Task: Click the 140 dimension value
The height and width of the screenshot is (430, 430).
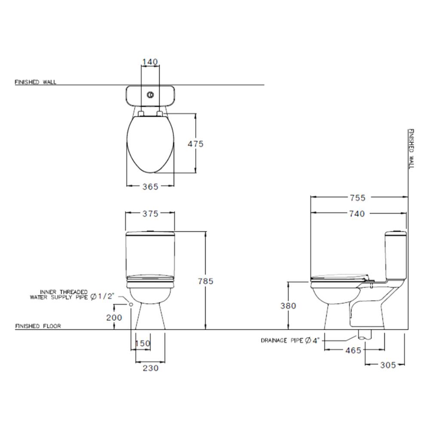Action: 150,62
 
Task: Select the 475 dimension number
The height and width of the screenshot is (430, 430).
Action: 196,144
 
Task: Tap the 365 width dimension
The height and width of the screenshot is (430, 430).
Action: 150,186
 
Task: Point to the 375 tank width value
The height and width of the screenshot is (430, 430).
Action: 150,213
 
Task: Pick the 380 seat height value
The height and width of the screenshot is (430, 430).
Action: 288,306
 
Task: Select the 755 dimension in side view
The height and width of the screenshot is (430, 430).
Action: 357,197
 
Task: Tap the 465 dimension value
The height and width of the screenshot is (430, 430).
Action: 353,350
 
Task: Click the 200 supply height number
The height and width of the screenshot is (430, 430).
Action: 114,317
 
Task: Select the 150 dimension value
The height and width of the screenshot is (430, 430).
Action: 143,343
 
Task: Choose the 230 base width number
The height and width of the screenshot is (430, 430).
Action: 150,368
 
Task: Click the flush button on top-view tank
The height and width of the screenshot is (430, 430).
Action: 150,94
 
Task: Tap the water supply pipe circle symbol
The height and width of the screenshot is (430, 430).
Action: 131,304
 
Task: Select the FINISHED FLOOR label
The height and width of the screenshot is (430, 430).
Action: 38,326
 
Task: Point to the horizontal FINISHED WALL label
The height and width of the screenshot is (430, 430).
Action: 35,82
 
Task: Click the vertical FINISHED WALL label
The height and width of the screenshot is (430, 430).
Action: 411,148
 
